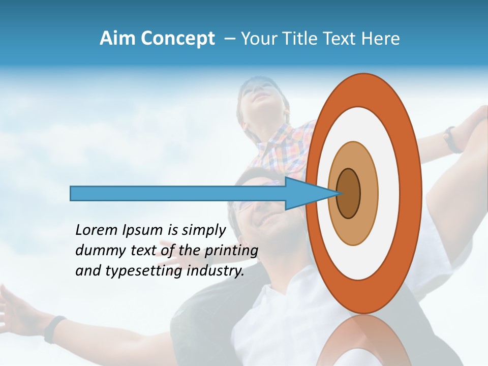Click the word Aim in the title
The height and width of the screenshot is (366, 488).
click(118, 39)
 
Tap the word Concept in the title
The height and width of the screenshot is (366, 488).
click(177, 39)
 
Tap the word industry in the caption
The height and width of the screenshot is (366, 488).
click(216, 271)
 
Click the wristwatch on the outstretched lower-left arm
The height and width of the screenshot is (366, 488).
click(54, 328)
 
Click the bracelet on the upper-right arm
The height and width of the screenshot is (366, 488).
click(451, 139)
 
